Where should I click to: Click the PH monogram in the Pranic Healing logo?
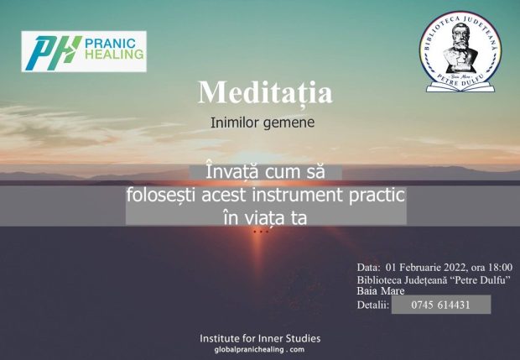point(51,53)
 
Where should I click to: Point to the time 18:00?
point(500,268)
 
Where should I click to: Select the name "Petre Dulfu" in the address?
point(478,280)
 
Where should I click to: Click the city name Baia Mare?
point(381,291)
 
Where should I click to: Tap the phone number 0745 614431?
point(440,305)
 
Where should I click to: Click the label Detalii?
point(372,305)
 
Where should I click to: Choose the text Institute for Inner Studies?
point(260,338)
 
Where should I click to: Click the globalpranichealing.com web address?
point(259,349)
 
